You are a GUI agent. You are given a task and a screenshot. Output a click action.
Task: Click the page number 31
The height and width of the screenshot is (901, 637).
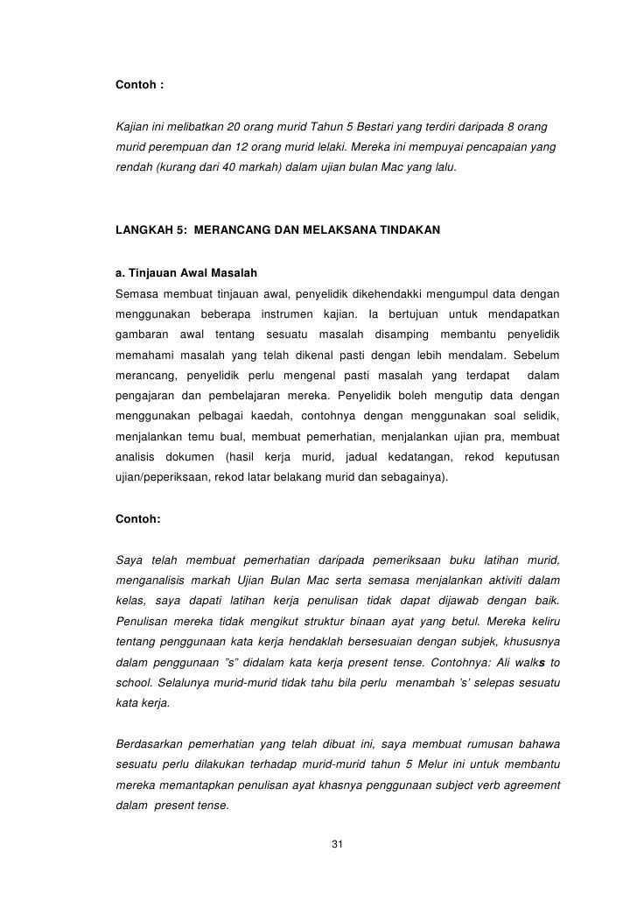[x=338, y=843]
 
